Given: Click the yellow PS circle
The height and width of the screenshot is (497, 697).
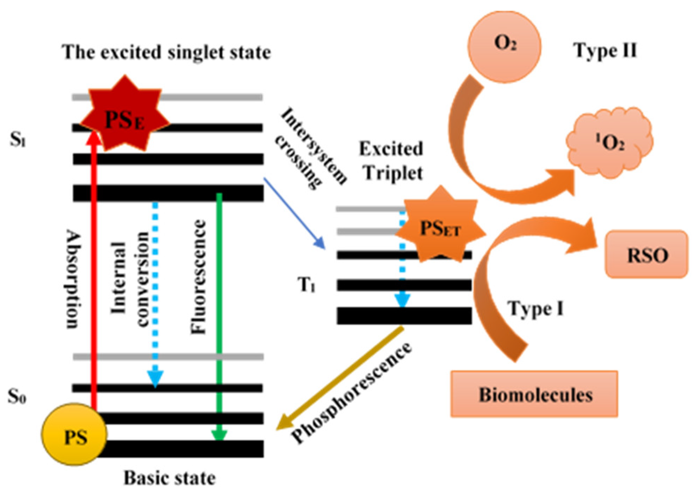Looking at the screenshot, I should [74, 434].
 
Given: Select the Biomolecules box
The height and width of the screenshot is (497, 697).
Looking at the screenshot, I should [534, 394].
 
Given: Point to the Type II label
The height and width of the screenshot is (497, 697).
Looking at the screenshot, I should [605, 51].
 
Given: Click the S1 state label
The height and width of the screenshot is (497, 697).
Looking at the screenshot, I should [18, 140].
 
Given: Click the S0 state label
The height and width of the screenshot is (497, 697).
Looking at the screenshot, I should [17, 397].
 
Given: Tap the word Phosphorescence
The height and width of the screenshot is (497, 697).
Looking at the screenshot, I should [351, 393].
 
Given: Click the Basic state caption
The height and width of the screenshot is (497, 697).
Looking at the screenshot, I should [170, 478].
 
